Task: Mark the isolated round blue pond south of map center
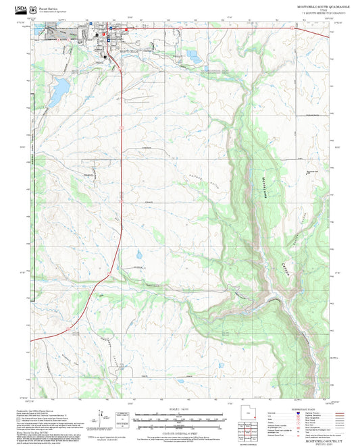(139, 256)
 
